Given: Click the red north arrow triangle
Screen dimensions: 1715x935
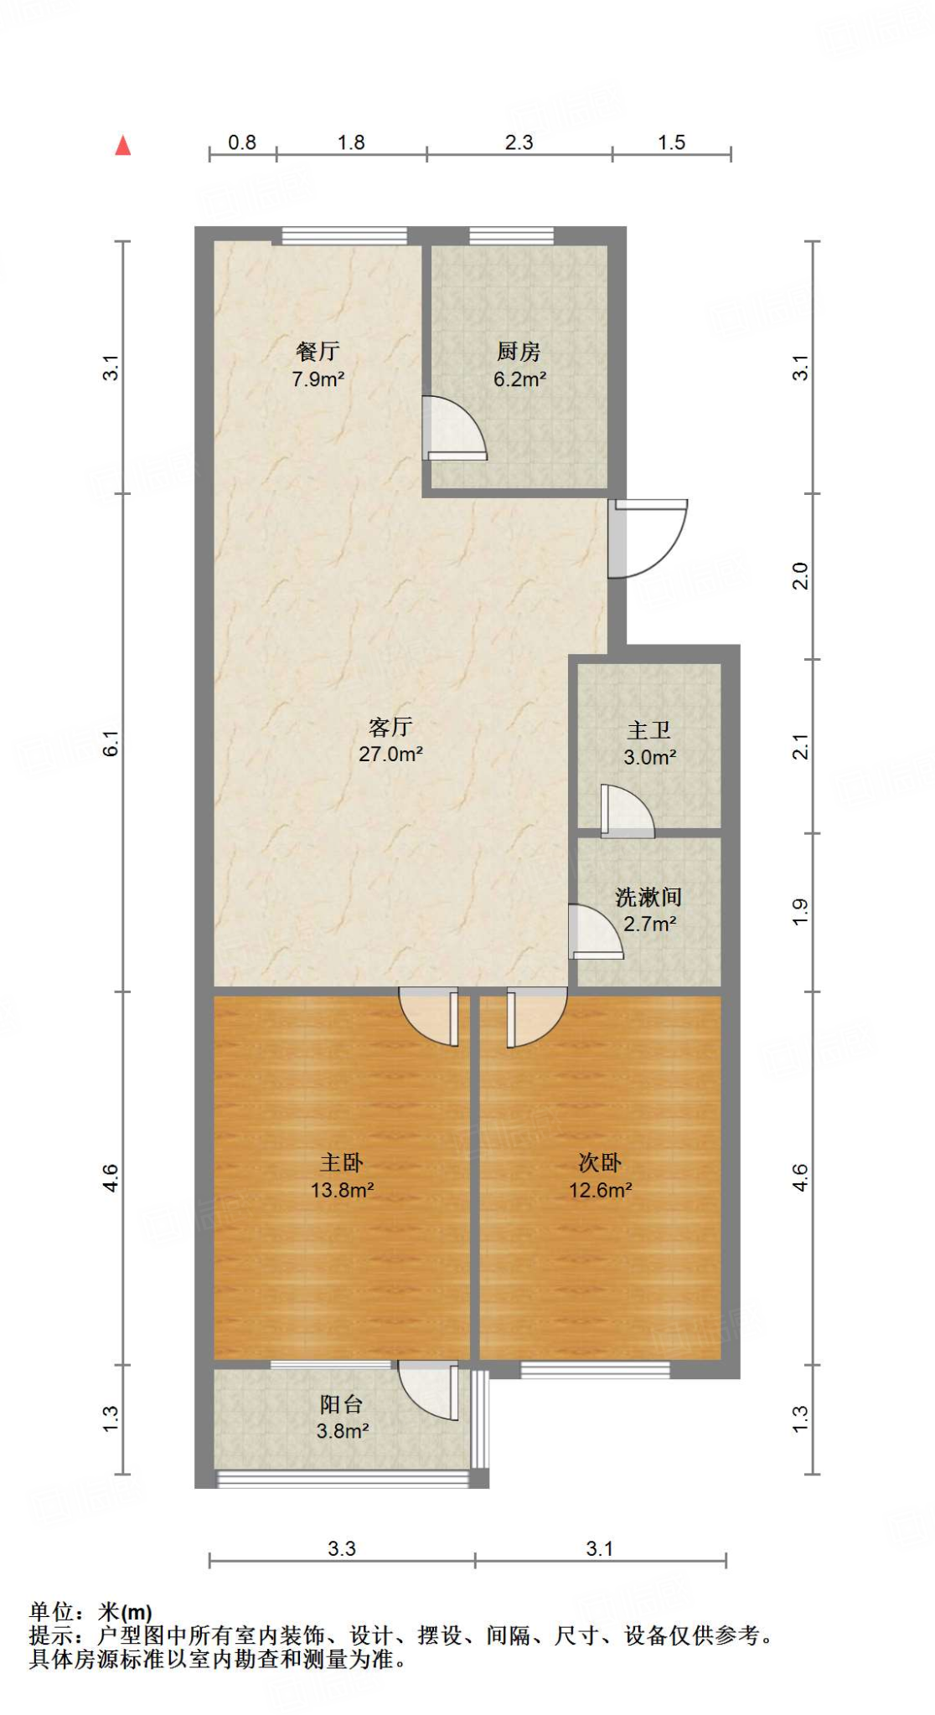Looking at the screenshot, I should coord(123,146).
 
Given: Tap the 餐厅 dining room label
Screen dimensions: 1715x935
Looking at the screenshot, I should coord(318,352).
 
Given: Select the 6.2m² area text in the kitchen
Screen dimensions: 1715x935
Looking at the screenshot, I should coord(519,379).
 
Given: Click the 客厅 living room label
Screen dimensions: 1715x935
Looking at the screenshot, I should coord(390,727).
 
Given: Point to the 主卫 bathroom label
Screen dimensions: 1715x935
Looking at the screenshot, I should coord(648,730).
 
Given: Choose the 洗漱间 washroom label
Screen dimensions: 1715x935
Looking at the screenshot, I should coord(648,898).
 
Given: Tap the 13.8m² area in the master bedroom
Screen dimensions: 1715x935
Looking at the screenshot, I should coord(342,1189).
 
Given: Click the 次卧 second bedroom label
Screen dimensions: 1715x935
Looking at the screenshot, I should coord(600,1162).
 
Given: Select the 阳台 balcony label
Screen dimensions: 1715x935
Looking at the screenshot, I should coord(341,1404).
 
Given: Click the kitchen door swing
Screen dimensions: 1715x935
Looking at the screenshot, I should coord(454,429).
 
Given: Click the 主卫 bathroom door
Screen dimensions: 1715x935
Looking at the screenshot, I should coord(627,811).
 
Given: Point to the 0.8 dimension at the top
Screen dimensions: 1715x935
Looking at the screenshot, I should coord(242,142).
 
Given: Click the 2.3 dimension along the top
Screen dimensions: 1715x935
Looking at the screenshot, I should coord(519,142).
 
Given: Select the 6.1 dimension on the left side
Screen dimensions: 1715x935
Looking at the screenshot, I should coord(111,743).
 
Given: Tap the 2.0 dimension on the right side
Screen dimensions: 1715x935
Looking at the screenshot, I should coord(801,576).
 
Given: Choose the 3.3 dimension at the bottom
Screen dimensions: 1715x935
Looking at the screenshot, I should coord(342,1548).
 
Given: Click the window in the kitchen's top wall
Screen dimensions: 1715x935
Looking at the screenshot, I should coord(511,236).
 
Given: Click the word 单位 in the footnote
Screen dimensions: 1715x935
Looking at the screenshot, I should coord(52,1611).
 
